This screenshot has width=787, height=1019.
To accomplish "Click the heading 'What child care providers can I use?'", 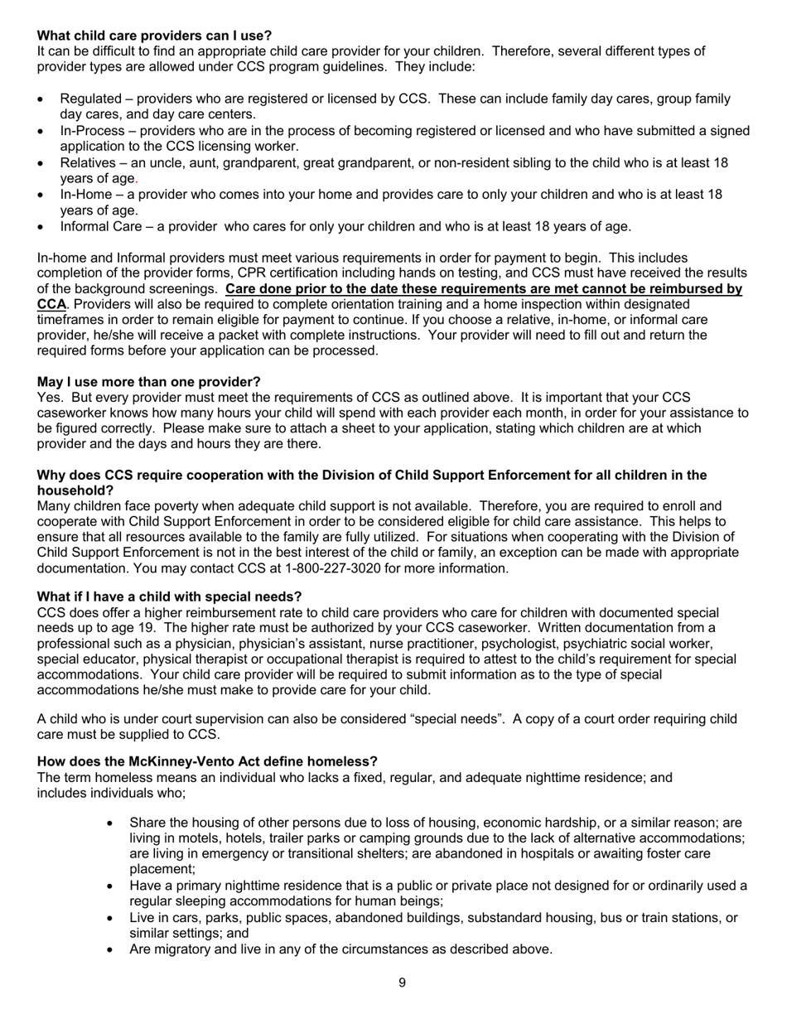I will pos(154,36).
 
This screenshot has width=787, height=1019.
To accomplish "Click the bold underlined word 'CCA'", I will pos(51,305).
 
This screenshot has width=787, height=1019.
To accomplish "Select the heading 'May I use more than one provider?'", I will pos(148,382).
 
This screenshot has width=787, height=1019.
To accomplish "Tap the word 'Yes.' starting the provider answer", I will pos(51,398).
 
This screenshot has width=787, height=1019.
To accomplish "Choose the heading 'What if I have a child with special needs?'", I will pos(169,597).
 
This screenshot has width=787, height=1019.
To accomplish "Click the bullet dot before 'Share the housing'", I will pos(111,823).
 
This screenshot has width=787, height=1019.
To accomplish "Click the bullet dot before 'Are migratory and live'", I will pos(111,949).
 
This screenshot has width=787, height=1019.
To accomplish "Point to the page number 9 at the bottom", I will pos(402,983).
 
